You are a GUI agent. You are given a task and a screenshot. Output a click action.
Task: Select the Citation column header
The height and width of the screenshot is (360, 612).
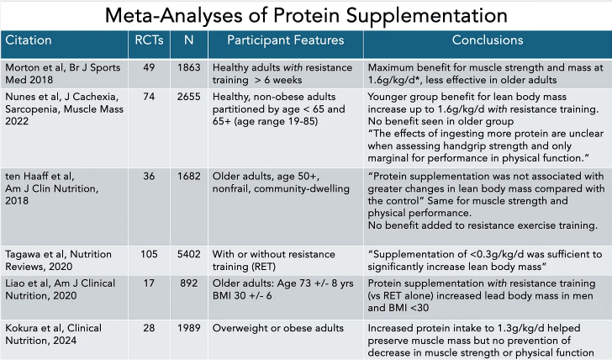29,40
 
